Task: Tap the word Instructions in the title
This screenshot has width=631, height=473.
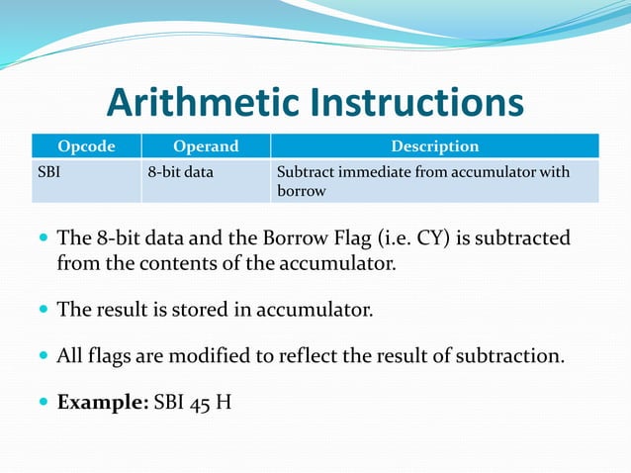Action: [415, 103]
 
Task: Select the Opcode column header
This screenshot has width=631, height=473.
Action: [86, 146]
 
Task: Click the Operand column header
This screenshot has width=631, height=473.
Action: [206, 146]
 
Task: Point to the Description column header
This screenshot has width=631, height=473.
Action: [434, 146]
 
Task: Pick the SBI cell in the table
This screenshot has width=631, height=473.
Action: [49, 172]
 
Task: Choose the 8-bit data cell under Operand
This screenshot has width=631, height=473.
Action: [187, 172]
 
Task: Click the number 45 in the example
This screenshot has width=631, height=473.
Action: [202, 403]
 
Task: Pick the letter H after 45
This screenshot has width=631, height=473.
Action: [225, 403]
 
